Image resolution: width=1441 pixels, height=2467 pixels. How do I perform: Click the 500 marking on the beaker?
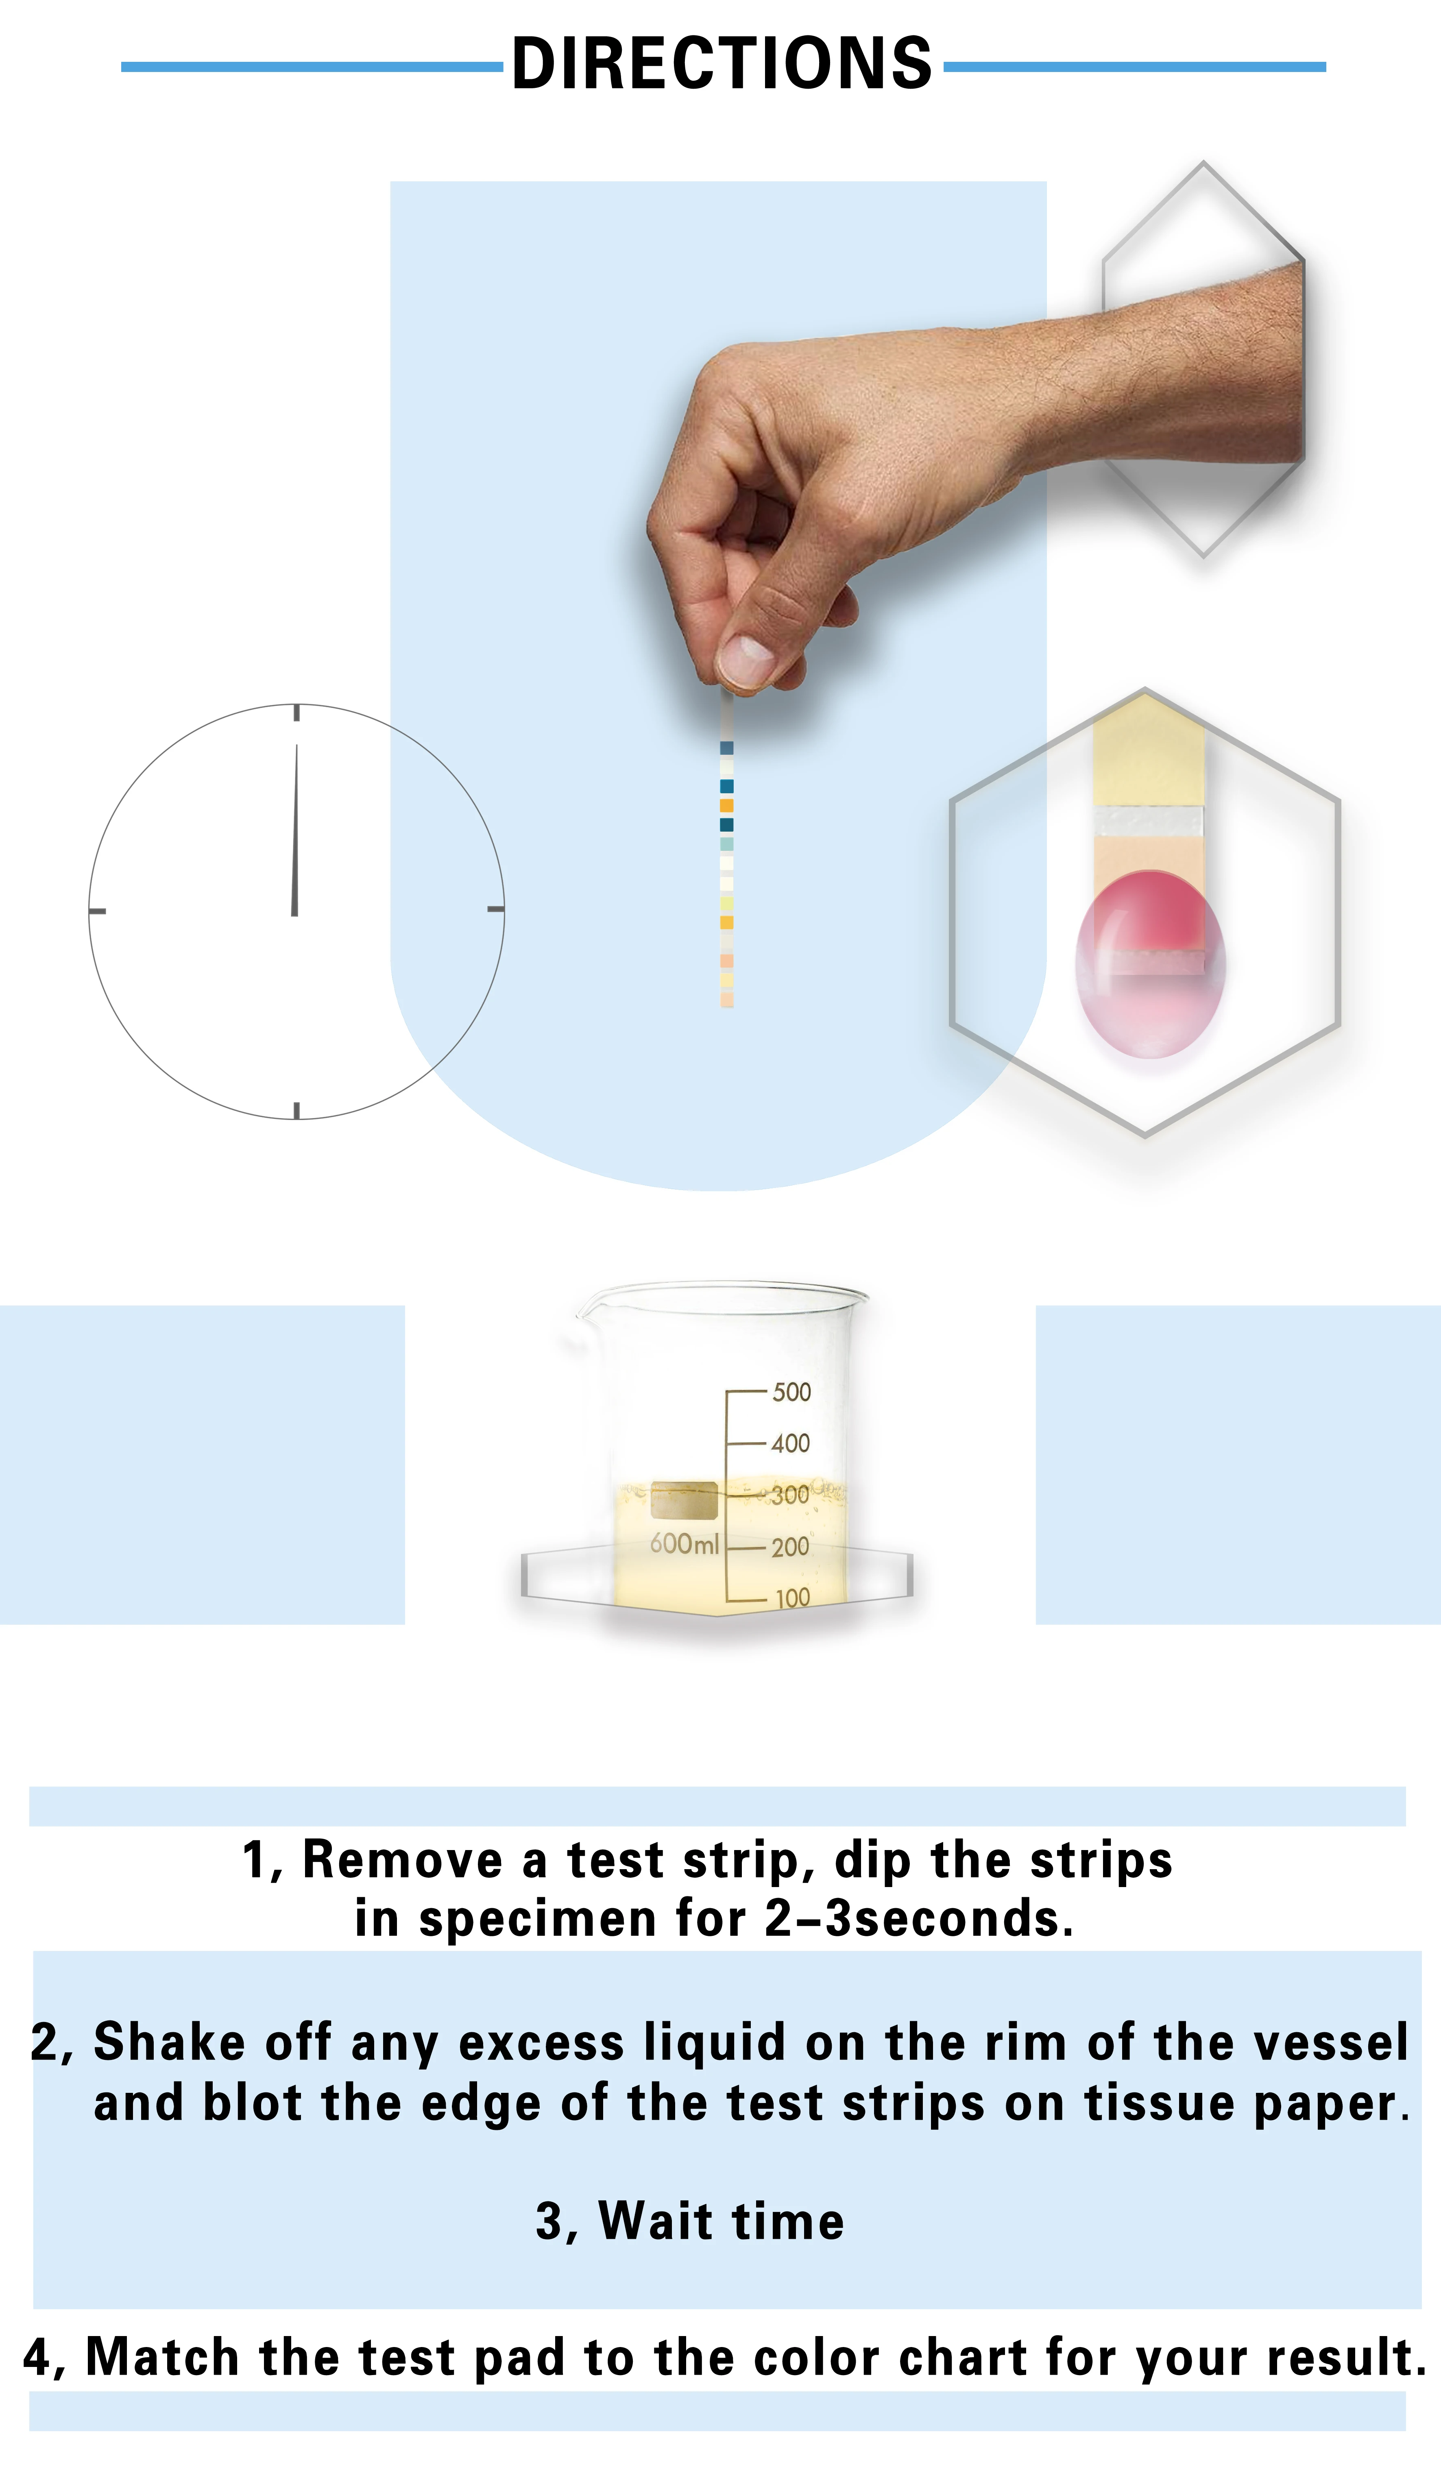coord(791,1392)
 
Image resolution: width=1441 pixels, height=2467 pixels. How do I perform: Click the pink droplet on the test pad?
coord(1150,964)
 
